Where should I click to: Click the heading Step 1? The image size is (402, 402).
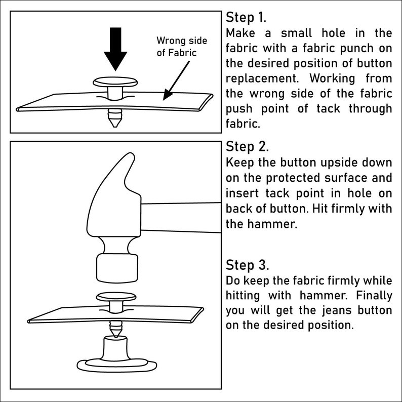click(246, 17)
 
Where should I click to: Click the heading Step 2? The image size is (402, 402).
click(247, 147)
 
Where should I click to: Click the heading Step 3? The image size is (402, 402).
click(247, 265)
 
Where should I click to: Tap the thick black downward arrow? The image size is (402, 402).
click(115, 49)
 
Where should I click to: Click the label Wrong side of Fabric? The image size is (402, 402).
click(182, 47)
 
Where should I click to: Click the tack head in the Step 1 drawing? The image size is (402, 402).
click(115, 82)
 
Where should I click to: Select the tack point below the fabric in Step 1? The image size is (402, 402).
click(115, 117)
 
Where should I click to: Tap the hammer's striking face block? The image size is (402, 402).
click(117, 268)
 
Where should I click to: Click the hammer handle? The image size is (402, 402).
click(181, 218)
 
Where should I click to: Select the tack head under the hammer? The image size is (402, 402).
click(116, 297)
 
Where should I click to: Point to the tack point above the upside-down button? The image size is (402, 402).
click(115, 329)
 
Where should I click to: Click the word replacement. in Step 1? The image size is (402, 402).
click(262, 78)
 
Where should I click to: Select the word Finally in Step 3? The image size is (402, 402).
click(374, 295)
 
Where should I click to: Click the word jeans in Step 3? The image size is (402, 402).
click(337, 310)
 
